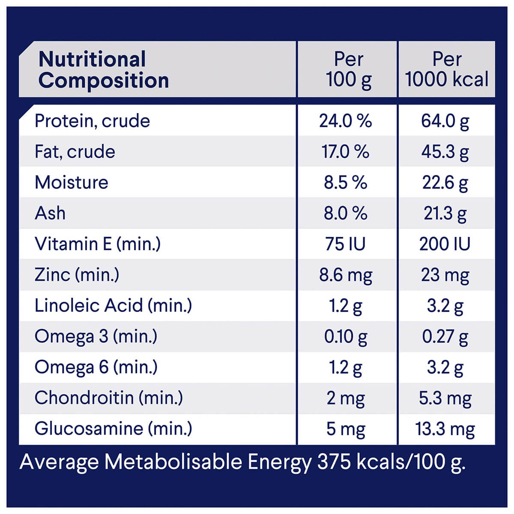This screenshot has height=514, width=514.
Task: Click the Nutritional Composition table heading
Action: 104,70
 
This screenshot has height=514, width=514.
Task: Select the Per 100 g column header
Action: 348,70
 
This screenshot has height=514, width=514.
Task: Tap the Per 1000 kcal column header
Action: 446,70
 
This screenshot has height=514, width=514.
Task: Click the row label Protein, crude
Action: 92,121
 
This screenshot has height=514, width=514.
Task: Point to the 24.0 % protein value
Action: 345,121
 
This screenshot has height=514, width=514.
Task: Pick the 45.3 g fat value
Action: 445,152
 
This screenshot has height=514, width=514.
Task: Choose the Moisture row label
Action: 72,182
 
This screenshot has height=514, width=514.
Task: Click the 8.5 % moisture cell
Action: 345,183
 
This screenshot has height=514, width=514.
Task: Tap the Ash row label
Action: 50,213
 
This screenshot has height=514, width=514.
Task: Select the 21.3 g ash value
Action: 445,214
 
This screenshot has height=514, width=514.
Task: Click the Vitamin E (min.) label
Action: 98,244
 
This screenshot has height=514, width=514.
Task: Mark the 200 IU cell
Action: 445,244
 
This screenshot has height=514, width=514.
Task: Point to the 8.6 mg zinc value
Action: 345,275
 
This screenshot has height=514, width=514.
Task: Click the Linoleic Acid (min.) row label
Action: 113,305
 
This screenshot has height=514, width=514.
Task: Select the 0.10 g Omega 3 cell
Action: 345,337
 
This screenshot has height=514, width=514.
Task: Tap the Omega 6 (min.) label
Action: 96,367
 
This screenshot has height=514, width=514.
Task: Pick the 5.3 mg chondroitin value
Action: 445,398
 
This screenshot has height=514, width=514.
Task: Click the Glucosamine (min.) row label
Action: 113,428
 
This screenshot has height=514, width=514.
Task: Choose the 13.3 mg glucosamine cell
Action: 445,429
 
